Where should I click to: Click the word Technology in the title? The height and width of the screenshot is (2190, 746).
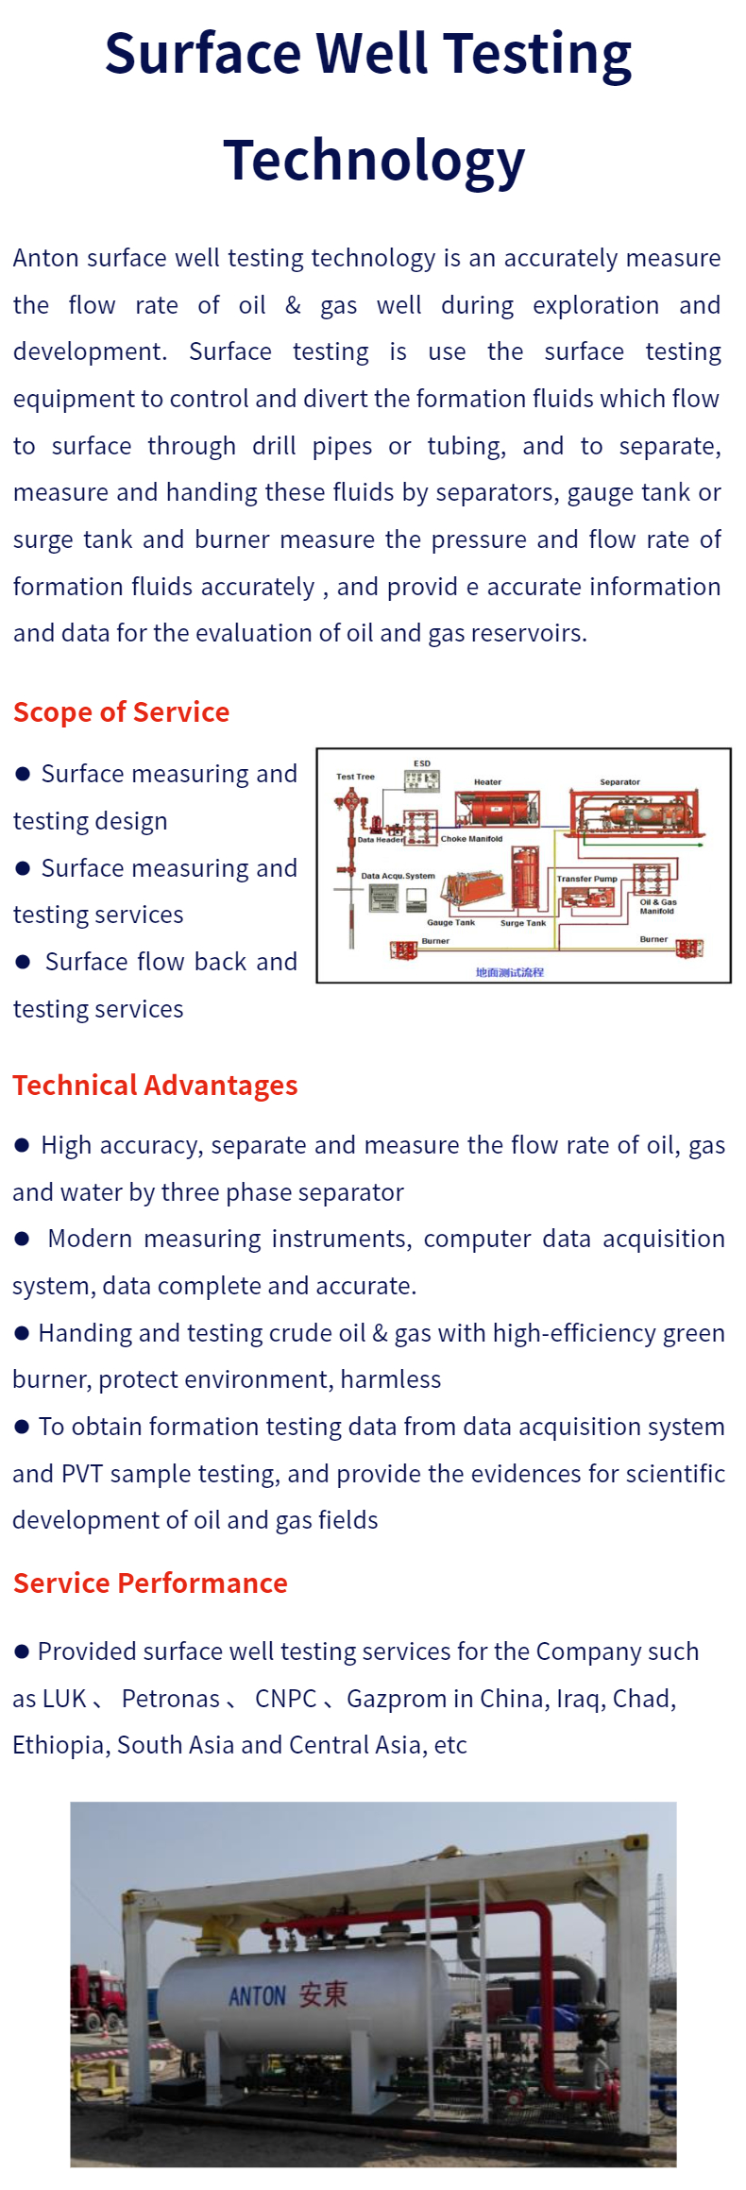point(374,160)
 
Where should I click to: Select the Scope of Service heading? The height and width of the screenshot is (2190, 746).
point(121,711)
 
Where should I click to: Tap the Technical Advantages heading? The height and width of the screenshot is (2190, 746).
point(155,1085)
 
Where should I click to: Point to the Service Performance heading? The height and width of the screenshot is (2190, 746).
point(150,1583)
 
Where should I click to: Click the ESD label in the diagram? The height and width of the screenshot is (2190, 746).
point(422,763)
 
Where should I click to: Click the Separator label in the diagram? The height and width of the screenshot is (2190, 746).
point(619,782)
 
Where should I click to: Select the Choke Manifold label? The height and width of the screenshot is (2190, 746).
point(471,839)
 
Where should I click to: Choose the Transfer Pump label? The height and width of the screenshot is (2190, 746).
point(586,879)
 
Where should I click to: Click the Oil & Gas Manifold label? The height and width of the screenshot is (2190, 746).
point(657,907)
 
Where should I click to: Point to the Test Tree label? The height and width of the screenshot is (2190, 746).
point(355,777)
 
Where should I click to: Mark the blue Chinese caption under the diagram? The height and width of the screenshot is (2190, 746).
point(510,972)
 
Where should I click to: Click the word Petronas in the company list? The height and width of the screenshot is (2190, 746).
point(171,1699)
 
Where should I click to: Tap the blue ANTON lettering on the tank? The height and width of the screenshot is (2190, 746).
point(257,1996)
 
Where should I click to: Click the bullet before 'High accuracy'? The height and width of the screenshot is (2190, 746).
point(23,1145)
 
